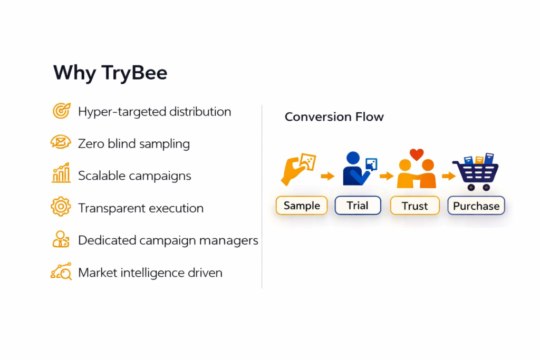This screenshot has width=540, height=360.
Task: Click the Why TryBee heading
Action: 110,73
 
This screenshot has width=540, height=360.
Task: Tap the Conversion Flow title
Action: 334,117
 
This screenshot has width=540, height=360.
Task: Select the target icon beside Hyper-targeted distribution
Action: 61,111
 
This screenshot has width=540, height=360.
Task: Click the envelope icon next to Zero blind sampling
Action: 61,142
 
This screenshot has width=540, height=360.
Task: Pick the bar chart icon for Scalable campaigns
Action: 61,172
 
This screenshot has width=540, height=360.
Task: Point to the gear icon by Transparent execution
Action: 61,207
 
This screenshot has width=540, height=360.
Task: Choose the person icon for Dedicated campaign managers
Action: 61,239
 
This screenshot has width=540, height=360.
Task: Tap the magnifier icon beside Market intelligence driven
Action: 61,271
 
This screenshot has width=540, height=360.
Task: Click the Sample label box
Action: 302,206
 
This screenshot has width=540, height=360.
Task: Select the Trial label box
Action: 358,206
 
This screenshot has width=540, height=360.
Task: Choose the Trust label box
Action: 414,206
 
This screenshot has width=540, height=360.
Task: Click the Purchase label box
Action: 476,206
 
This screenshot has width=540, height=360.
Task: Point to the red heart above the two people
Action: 417,154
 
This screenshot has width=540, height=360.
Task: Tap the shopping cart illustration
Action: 476,172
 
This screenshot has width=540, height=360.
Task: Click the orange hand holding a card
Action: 298,169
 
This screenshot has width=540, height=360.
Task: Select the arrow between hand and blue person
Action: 327,176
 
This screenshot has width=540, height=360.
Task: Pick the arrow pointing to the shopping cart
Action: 449,176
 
